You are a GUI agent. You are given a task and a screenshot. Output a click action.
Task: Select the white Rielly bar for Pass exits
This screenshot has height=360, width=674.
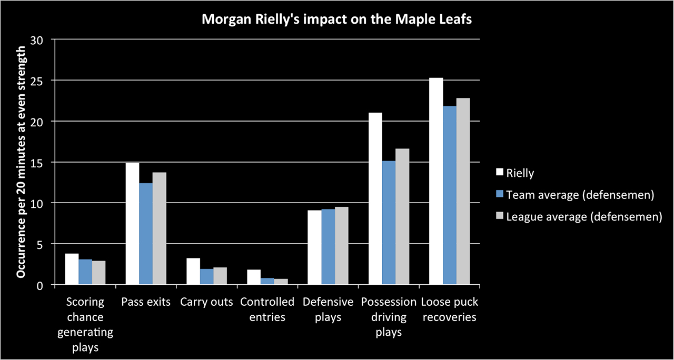pos(132,224)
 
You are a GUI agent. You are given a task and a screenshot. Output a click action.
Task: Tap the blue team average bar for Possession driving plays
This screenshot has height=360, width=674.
pos(389,223)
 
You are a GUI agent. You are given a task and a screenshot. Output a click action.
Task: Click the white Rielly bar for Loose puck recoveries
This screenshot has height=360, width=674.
pos(436,181)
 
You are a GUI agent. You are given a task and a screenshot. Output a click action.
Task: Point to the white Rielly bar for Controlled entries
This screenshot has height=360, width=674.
pos(254,277)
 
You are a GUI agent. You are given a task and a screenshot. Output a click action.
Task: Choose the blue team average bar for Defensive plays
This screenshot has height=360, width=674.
pos(329,247)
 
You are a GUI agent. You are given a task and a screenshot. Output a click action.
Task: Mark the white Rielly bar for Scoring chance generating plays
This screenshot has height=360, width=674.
pos(72,269)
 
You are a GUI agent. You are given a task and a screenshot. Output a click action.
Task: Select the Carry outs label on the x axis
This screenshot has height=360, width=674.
pos(206,302)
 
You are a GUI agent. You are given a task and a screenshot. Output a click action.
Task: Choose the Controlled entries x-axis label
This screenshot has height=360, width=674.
pos(267,309)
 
